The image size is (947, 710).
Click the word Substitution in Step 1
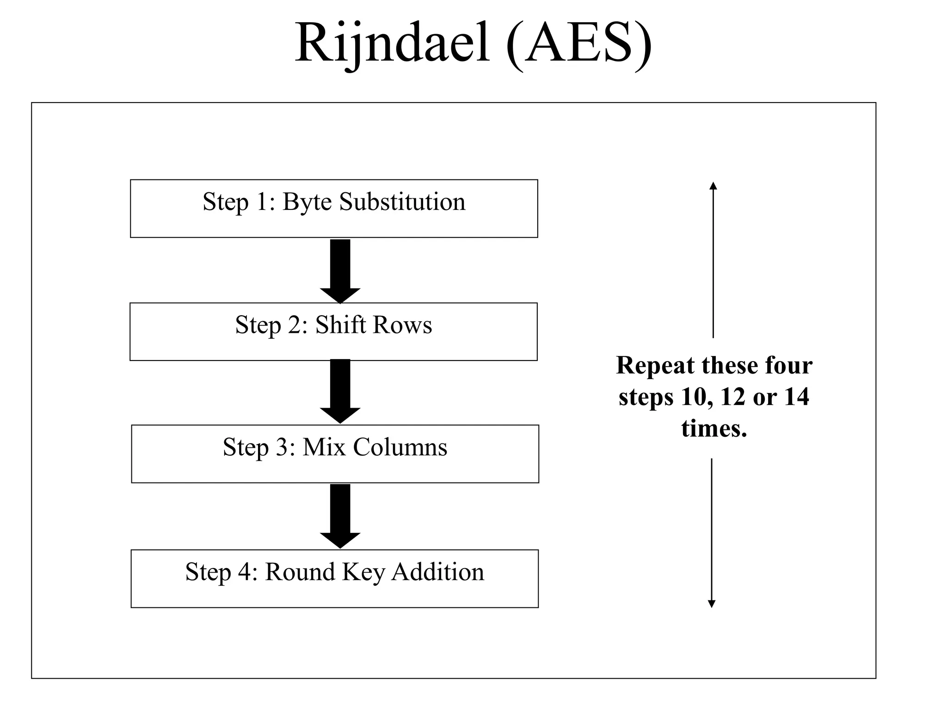pyautogui.click(x=402, y=202)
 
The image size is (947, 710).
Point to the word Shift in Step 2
pyautogui.click(x=340, y=325)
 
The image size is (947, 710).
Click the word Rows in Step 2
pyautogui.click(x=402, y=325)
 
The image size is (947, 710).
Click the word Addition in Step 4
pyautogui.click(x=438, y=572)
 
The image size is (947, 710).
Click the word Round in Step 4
pyautogui.click(x=300, y=572)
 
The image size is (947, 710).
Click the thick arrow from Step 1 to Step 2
pyautogui.click(x=340, y=270)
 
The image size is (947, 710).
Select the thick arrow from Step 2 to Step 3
pyautogui.click(x=340, y=391)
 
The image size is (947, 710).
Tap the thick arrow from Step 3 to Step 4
pyautogui.click(x=340, y=515)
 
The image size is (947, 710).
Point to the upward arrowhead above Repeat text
pyautogui.click(x=713, y=186)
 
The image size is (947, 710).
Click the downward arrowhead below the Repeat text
pyautogui.click(x=712, y=604)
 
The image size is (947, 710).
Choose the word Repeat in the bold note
pyautogui.click(x=656, y=366)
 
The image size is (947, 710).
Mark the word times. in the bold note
pyautogui.click(x=714, y=428)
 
